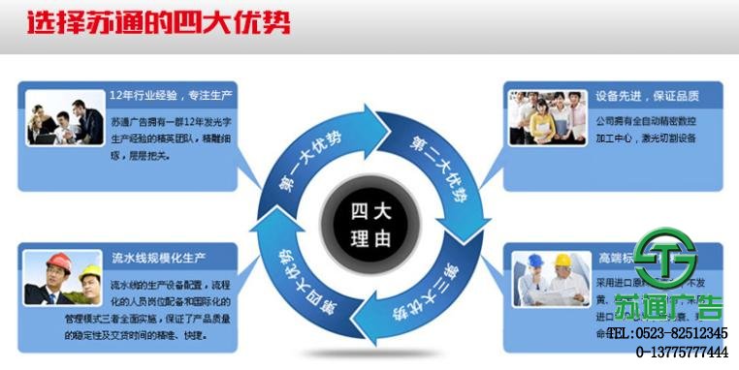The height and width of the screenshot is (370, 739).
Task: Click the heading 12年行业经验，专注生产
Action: pyautogui.click(x=172, y=97)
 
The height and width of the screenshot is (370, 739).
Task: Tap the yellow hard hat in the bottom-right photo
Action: pyautogui.click(x=562, y=260)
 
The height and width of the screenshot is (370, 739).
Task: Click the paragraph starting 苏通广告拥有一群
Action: pyautogui.click(x=170, y=139)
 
